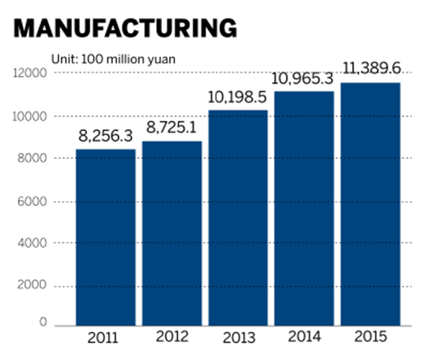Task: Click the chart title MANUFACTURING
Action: tap(124, 27)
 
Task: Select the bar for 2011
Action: tap(107, 237)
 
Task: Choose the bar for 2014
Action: tap(304, 209)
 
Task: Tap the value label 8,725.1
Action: tap(171, 130)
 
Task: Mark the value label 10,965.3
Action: tap(304, 78)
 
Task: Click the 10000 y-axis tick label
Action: tap(30, 116)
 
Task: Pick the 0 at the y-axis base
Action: tap(43, 323)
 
